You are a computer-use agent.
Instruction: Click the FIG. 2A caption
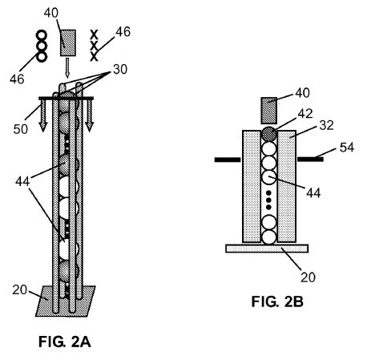[65, 342]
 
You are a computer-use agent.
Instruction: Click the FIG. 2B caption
[277, 302]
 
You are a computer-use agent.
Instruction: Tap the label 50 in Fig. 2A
[21, 129]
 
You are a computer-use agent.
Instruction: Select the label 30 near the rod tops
[120, 70]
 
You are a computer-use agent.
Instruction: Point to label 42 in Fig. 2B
[305, 114]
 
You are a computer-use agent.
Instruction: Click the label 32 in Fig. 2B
[326, 125]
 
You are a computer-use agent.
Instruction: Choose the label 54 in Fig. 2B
[347, 148]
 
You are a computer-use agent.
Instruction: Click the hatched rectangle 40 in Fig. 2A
[68, 42]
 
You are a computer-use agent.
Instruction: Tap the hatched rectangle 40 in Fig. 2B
[268, 111]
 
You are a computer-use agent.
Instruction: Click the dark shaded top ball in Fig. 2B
[268, 134]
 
